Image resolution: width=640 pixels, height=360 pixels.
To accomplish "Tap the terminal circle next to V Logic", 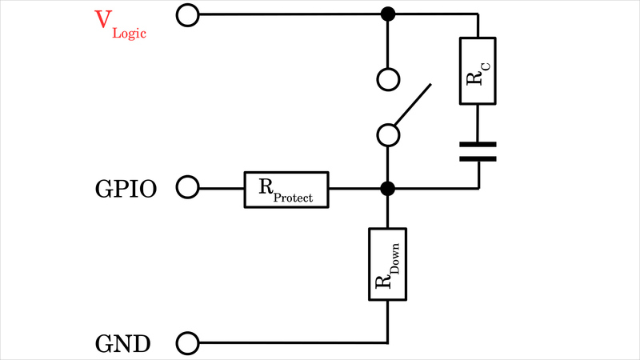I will (187, 15).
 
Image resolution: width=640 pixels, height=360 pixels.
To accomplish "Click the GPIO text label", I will (126, 189).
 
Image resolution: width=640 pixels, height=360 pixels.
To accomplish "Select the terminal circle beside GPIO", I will (187, 189).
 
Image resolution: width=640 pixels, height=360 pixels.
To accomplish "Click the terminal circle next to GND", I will (187, 344).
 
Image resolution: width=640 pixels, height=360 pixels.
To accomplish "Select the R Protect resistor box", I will (286, 190).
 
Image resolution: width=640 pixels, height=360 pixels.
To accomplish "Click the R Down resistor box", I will (388, 264).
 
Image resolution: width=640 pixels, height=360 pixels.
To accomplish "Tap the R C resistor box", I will (478, 70).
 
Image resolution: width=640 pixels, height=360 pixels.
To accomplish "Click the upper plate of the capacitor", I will (478, 145).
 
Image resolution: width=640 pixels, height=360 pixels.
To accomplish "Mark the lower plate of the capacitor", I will (478, 158).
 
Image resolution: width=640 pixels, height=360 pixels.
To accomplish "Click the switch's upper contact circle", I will (388, 79).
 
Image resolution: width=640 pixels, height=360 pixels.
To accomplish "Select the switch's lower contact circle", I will (388, 134).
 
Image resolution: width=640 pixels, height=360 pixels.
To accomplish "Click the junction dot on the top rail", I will (388, 15).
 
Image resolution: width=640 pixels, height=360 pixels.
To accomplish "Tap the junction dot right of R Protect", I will (388, 189).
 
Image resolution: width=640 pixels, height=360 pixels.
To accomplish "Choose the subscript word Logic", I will (130, 33).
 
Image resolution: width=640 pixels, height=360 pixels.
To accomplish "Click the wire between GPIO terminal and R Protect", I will (221, 189).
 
